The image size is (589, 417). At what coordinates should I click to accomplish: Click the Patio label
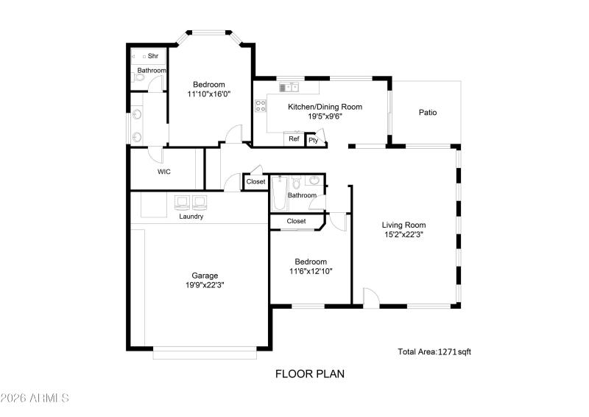(x=428, y=113)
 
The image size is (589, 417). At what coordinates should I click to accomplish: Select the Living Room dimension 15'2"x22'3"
(x=403, y=234)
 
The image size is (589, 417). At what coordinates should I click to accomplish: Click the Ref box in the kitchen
(x=294, y=139)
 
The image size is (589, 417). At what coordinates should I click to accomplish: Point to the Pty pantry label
(x=313, y=140)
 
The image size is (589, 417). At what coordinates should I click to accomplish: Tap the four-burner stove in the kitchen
(x=260, y=105)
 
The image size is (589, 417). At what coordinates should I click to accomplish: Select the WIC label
(x=164, y=172)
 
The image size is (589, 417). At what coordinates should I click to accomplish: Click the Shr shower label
(x=153, y=56)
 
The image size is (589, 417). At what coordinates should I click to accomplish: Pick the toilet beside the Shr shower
(x=138, y=76)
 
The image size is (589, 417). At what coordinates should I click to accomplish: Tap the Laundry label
(x=191, y=217)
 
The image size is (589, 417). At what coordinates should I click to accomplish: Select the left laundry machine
(x=183, y=202)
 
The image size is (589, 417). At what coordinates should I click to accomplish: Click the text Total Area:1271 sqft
(x=434, y=352)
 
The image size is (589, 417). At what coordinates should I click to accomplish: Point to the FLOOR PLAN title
(x=310, y=374)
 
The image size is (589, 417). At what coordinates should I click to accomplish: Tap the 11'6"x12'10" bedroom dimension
(x=311, y=271)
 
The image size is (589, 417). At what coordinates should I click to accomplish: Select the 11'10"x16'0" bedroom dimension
(x=208, y=94)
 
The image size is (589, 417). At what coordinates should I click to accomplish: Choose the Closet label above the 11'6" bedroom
(x=296, y=221)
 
